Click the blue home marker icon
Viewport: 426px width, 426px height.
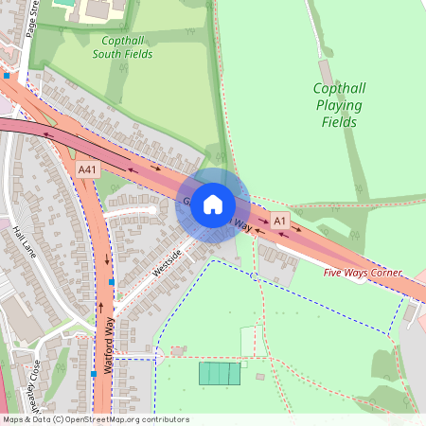[x=213, y=204]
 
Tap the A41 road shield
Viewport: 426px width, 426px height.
[x=88, y=169]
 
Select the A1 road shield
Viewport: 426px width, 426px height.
[x=279, y=221]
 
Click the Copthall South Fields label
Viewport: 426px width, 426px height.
[x=122, y=47]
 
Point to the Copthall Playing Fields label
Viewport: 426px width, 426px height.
[x=338, y=104]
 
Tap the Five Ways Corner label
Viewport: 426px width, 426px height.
[x=363, y=273]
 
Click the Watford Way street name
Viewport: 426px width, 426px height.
[x=110, y=345]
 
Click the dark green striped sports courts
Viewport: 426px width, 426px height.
[x=221, y=374]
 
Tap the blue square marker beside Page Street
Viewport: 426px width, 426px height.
[x=8, y=75]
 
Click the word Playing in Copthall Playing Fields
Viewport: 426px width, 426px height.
[x=338, y=105]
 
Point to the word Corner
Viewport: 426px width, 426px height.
[x=383, y=273]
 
